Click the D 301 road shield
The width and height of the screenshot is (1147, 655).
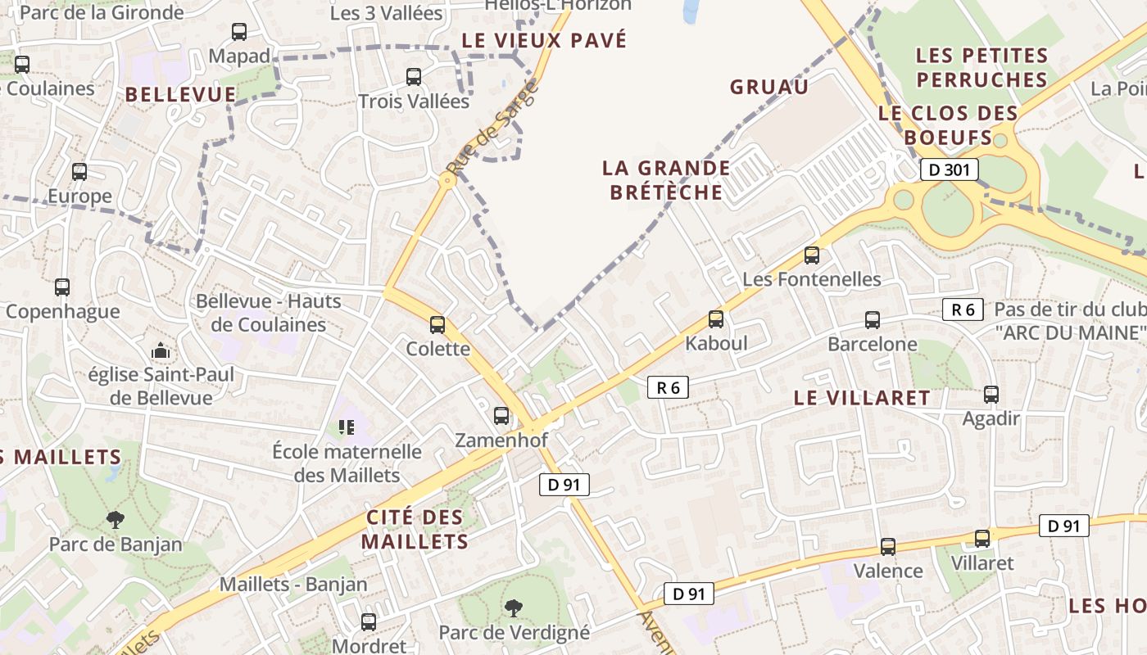pyautogui.click(x=949, y=170)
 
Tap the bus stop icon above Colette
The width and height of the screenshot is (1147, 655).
pyautogui.click(x=437, y=325)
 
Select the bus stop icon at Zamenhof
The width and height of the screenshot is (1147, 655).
pyautogui.click(x=501, y=416)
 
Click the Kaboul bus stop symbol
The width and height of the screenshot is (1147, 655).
pyautogui.click(x=716, y=319)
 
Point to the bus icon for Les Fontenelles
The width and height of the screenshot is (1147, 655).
pyautogui.click(x=812, y=255)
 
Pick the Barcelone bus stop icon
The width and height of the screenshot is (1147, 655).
pyautogui.click(x=873, y=320)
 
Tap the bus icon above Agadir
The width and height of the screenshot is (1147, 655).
pyautogui.click(x=991, y=395)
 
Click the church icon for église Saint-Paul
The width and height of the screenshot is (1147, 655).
pyautogui.click(x=161, y=352)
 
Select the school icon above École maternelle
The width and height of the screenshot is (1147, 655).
pyautogui.click(x=347, y=427)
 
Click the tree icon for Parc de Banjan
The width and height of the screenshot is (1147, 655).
pyautogui.click(x=116, y=519)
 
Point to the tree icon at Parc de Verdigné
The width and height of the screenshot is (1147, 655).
pyautogui.click(x=514, y=608)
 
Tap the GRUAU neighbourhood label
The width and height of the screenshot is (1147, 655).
pyautogui.click(x=769, y=87)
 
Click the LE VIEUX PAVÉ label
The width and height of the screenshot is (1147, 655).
pyautogui.click(x=544, y=40)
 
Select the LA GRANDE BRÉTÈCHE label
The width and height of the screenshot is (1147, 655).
pyautogui.click(x=666, y=180)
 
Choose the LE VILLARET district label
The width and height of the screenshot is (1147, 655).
pyautogui.click(x=863, y=398)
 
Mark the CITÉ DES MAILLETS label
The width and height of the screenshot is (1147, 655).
pyautogui.click(x=415, y=529)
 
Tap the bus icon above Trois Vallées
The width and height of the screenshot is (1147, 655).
pyautogui.click(x=414, y=77)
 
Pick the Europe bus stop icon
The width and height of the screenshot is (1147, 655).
pyautogui.click(x=79, y=172)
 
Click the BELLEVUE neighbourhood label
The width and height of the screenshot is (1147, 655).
pyautogui.click(x=180, y=94)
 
